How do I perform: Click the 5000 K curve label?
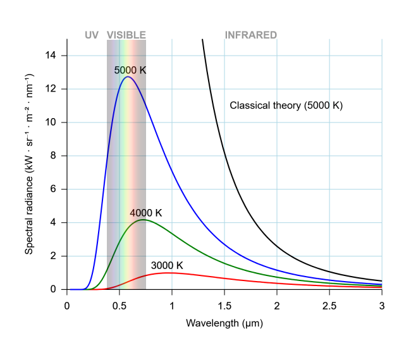tap(130, 70)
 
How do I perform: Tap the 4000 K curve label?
tap(146, 213)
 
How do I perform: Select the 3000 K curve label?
tap(167, 265)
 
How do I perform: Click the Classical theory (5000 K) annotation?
tap(286, 106)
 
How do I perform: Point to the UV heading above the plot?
tap(92, 35)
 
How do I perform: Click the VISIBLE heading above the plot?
tap(126, 35)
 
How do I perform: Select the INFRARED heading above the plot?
tap(251, 35)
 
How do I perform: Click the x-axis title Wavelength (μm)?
tap(224, 323)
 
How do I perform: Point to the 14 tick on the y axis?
tap(51, 56)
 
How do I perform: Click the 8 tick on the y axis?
tap(54, 155)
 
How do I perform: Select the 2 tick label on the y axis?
tap(54, 256)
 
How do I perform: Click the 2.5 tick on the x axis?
tap(329, 305)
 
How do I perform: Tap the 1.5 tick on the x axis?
tap(224, 305)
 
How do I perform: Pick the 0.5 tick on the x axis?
tap(119, 305)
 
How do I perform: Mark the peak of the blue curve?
tap(128, 76)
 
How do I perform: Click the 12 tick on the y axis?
tap(51, 89)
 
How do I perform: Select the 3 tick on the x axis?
tap(381, 305)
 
